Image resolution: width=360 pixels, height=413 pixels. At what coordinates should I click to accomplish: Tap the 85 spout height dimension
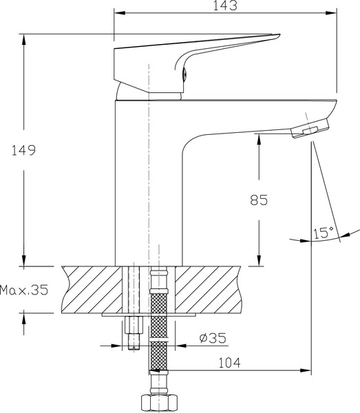tap(257, 200)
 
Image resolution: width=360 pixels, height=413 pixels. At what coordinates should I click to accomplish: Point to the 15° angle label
tap(324, 232)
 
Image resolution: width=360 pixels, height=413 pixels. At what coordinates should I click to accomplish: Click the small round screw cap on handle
tap(184, 78)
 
